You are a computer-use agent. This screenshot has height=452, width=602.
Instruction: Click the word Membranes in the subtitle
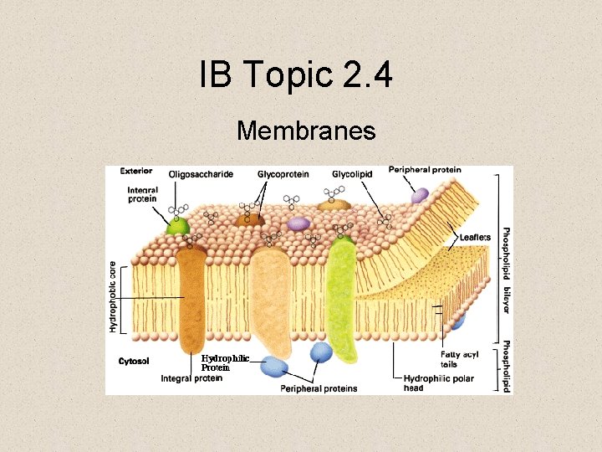(305, 131)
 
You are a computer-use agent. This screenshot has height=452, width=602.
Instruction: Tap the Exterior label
(135, 170)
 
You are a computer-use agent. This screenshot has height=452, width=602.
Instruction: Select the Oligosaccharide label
(200, 174)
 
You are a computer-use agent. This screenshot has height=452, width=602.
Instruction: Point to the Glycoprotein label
(283, 174)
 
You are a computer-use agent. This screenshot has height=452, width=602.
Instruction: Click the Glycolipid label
(351, 174)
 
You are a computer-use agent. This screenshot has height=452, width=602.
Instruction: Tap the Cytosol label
(134, 361)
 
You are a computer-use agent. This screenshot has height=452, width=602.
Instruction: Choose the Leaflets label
(475, 238)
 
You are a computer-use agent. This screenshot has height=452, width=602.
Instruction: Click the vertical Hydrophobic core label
(113, 296)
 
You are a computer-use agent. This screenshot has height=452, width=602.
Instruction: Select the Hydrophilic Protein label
(224, 362)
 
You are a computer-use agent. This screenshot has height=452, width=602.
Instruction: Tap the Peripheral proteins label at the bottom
(319, 388)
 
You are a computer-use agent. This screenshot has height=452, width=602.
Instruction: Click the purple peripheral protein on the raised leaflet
(420, 195)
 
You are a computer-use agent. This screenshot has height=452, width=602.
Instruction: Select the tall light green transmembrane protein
(342, 293)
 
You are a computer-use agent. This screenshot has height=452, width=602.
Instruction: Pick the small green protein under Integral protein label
(176, 225)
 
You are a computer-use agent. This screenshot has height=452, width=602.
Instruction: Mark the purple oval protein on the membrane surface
(298, 223)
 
